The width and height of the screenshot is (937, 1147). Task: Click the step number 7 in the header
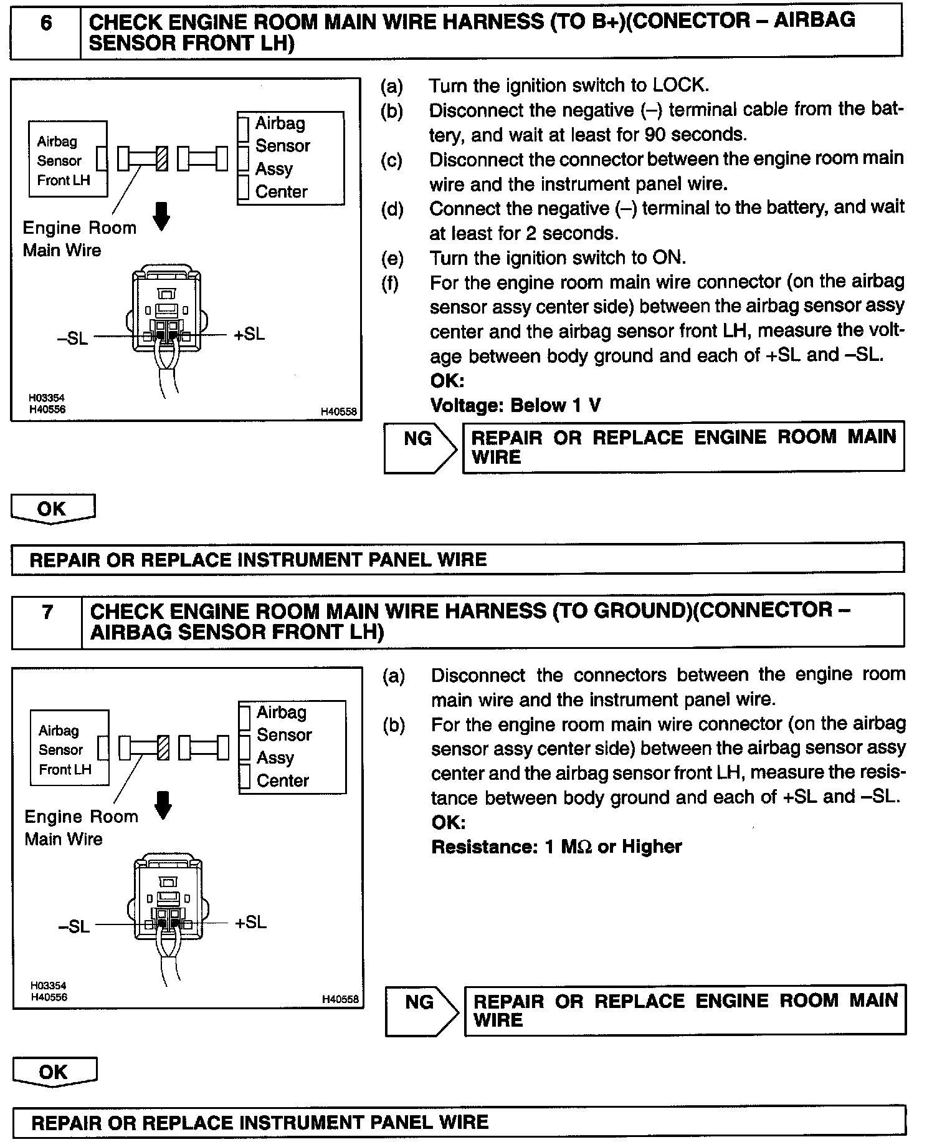tap(47, 613)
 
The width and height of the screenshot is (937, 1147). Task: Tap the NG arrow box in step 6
tap(420, 447)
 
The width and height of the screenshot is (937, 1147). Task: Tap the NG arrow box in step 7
tap(422, 1011)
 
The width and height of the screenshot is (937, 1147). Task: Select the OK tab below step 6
tap(52, 509)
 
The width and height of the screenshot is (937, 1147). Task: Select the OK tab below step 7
tap(54, 1072)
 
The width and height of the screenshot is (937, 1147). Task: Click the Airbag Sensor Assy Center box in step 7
tap(292, 746)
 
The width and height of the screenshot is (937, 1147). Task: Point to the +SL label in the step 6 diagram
tap(249, 335)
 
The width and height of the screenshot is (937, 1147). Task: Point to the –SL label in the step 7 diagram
tap(74, 926)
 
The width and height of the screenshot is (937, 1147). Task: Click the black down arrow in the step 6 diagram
tap(161, 216)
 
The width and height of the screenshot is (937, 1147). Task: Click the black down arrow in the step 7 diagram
tap(163, 805)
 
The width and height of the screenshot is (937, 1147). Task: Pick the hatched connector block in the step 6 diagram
tap(162, 158)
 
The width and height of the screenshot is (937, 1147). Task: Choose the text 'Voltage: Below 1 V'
tap(515, 406)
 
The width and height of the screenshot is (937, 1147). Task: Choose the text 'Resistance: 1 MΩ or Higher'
tap(556, 847)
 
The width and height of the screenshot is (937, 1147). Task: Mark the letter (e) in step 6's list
tap(392, 258)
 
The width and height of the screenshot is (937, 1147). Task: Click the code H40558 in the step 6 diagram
tap(338, 411)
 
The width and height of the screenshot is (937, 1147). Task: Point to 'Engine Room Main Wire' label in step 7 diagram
tap(80, 828)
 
